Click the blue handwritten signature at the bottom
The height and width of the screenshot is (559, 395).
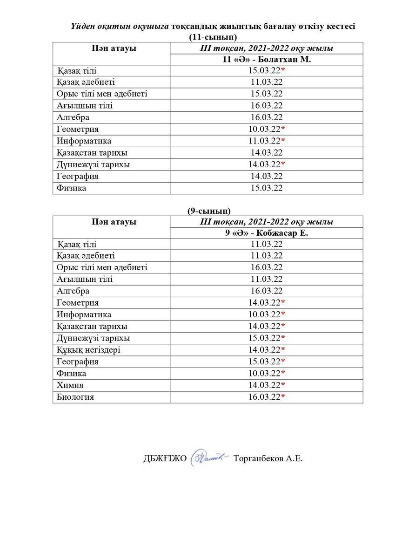pos(209,457)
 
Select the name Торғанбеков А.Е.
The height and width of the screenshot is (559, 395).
pos(268,458)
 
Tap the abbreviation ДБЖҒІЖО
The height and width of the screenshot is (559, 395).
pos(165,458)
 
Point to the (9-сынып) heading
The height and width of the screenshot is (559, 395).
pos(209,211)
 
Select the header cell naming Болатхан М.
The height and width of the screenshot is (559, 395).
pos(267,60)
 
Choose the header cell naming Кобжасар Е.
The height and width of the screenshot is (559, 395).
pos(267,233)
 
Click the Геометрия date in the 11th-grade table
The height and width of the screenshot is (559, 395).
pos(267,129)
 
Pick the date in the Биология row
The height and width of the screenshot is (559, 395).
pos(267,397)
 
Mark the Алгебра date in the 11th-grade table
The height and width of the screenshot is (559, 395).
pos(267,117)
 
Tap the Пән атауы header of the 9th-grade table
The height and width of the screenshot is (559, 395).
pos(114,222)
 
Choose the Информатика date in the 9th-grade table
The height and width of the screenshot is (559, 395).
pos(267,314)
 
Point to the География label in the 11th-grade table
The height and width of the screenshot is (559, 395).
pos(77,177)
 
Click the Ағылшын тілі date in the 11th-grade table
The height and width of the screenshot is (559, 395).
pos(267,106)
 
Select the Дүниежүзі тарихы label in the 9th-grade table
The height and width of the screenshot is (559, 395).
pos(93,338)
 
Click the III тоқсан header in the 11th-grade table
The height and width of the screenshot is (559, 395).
pos(267,48)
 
